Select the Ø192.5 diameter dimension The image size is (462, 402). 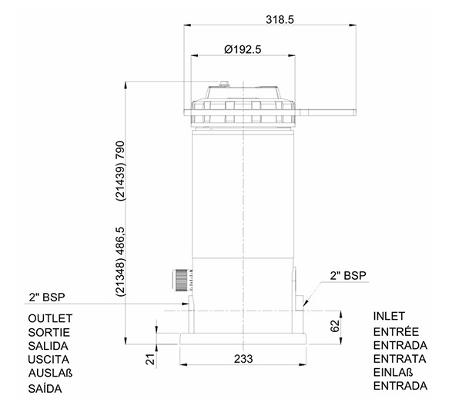tap(243, 49)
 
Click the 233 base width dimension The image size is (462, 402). tap(243, 359)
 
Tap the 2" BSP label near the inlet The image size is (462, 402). tap(348, 275)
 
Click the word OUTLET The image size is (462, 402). tap(50, 318)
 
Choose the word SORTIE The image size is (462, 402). tap(49, 332)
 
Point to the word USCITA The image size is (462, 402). tap(49, 359)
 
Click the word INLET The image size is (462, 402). tap(389, 316)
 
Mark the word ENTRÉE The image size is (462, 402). tap(396, 331)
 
